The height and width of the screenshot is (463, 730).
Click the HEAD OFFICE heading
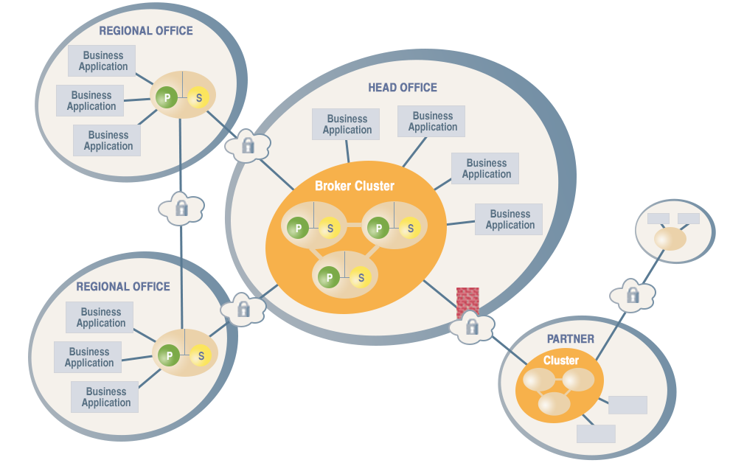(x=403, y=88)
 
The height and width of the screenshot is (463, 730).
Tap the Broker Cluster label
(x=355, y=186)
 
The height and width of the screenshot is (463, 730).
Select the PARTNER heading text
(x=571, y=339)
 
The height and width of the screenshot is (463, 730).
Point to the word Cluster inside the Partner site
(x=561, y=361)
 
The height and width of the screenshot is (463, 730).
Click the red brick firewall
(x=468, y=301)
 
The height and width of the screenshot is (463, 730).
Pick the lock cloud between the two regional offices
(x=181, y=209)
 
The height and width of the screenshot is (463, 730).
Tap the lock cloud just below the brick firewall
(x=472, y=326)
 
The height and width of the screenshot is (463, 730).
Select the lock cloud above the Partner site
(x=633, y=296)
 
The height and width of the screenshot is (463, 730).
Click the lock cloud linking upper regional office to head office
(x=248, y=145)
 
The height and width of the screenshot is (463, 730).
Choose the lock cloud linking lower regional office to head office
(x=243, y=309)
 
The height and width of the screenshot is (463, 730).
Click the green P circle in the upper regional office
(x=167, y=97)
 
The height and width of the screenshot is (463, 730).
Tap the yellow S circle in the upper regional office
(x=198, y=97)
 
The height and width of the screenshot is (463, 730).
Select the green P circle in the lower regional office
(x=169, y=356)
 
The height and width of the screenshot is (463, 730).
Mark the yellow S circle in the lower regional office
(x=201, y=356)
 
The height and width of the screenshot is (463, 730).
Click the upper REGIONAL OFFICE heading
(x=146, y=31)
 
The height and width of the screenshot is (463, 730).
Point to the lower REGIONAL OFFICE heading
(x=123, y=287)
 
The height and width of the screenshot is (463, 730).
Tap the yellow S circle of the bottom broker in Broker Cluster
(x=361, y=277)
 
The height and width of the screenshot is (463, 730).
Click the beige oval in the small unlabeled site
(x=670, y=239)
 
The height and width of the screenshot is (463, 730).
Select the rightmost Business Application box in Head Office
(x=509, y=220)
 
